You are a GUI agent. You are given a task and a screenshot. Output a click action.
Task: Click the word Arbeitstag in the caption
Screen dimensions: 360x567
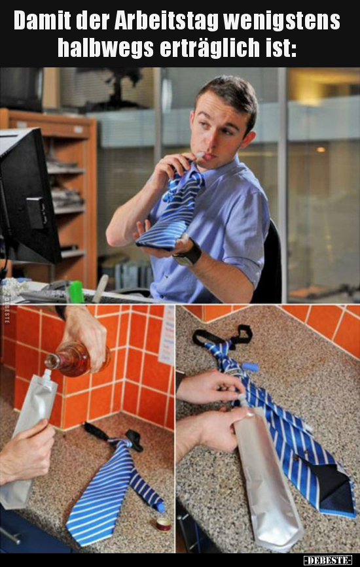pyautogui.click(x=166, y=22)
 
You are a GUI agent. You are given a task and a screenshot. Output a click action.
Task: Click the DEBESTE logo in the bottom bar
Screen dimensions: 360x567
pyautogui.click(x=327, y=560)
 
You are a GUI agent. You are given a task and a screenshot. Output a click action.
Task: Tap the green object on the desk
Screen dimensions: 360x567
pyautogui.click(x=77, y=292)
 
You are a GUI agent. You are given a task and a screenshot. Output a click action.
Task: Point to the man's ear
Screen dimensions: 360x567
pyautogui.click(x=249, y=139)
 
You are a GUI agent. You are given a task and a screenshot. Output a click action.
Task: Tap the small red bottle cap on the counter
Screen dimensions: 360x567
pyautogui.click(x=163, y=524)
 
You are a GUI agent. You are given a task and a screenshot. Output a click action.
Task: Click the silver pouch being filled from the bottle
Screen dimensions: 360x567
pyautogui.click(x=26, y=439)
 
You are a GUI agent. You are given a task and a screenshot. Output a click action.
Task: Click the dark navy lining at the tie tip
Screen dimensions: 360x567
pyautogui.click(x=334, y=487)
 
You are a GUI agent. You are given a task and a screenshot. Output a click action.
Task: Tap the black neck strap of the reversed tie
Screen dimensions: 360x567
pyautogui.click(x=223, y=337)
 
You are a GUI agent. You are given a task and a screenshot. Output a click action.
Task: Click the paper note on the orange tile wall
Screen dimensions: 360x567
pyautogui.click(x=167, y=334)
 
